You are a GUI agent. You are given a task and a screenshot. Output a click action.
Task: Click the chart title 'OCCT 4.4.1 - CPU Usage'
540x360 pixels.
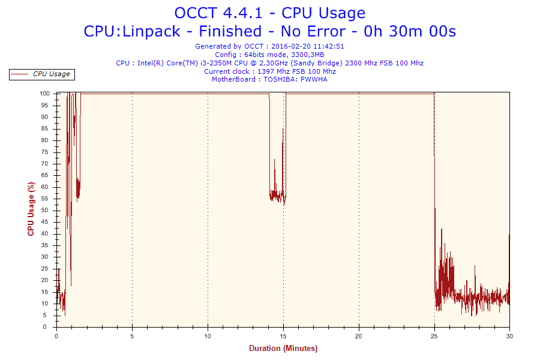coord(269,13)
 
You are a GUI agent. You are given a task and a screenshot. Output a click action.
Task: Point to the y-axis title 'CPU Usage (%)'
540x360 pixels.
coord(31,209)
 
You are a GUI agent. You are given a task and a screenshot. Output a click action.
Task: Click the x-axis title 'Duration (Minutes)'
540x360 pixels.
coord(283,349)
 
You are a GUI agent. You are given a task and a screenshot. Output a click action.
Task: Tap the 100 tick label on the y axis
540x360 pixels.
coord(45,94)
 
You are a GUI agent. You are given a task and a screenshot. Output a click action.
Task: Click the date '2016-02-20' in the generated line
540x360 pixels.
coord(292,46)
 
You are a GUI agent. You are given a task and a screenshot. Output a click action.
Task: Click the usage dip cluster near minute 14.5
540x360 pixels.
coord(278,194)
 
